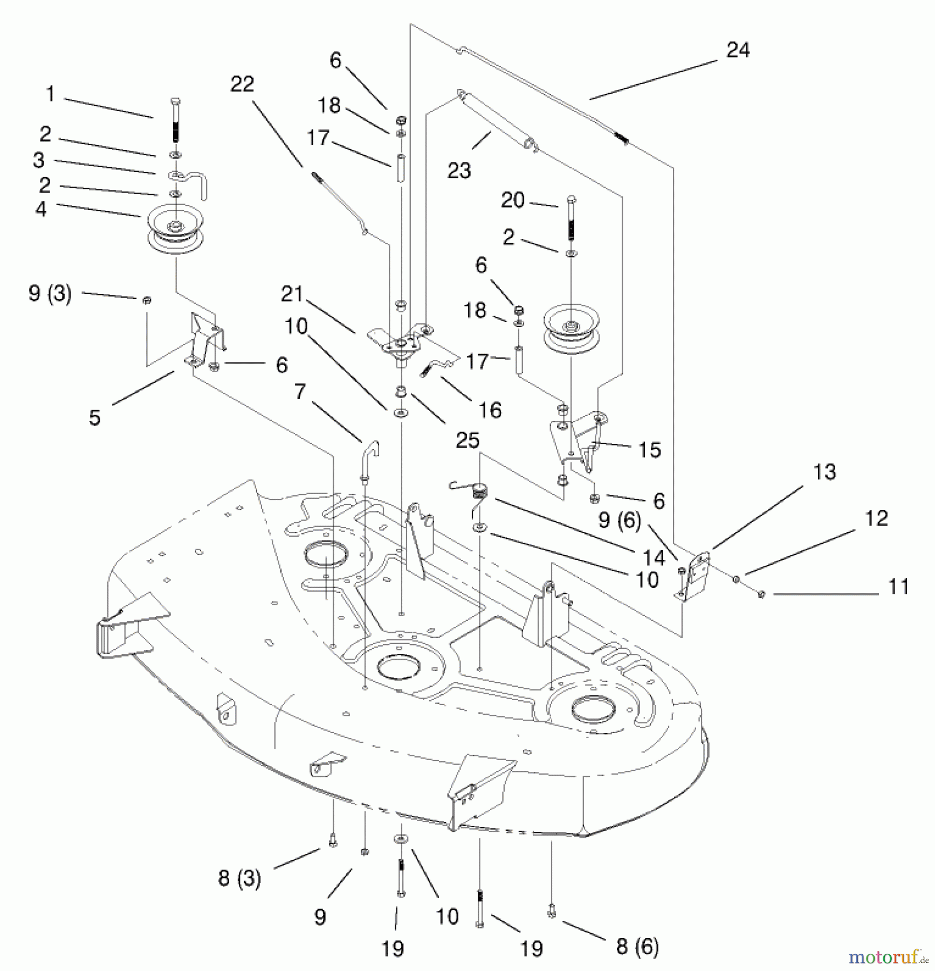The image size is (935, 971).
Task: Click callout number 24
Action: coord(738,50)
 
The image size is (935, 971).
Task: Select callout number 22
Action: coord(242,84)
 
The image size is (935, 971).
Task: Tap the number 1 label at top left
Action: coord(50,94)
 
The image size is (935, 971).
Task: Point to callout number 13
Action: coord(824,472)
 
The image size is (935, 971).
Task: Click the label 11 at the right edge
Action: coord(898,586)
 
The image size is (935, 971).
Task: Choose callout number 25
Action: coord(467,440)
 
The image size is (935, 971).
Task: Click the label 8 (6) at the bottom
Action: coord(637,946)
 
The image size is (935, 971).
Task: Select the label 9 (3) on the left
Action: coord(50,293)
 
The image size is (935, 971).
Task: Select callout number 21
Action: coord(292,294)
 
